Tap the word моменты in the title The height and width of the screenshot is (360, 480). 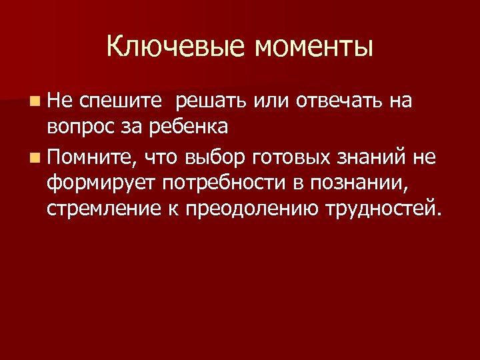pyautogui.click(x=313, y=47)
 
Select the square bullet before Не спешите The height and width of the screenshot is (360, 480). pyautogui.click(x=34, y=101)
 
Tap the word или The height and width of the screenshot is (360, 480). pyautogui.click(x=271, y=101)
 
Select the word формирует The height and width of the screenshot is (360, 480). pyautogui.click(x=101, y=183)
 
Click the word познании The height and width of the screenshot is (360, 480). pyautogui.click(x=359, y=183)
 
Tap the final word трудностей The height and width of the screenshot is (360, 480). pyautogui.click(x=383, y=207)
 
